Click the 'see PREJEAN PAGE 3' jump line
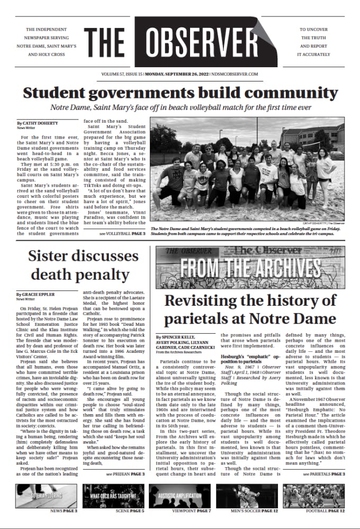pyautogui.click(x=125, y=473)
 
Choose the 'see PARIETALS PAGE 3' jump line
pyautogui.click(x=323, y=474)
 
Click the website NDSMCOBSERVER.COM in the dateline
pyautogui.click(x=234, y=74)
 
